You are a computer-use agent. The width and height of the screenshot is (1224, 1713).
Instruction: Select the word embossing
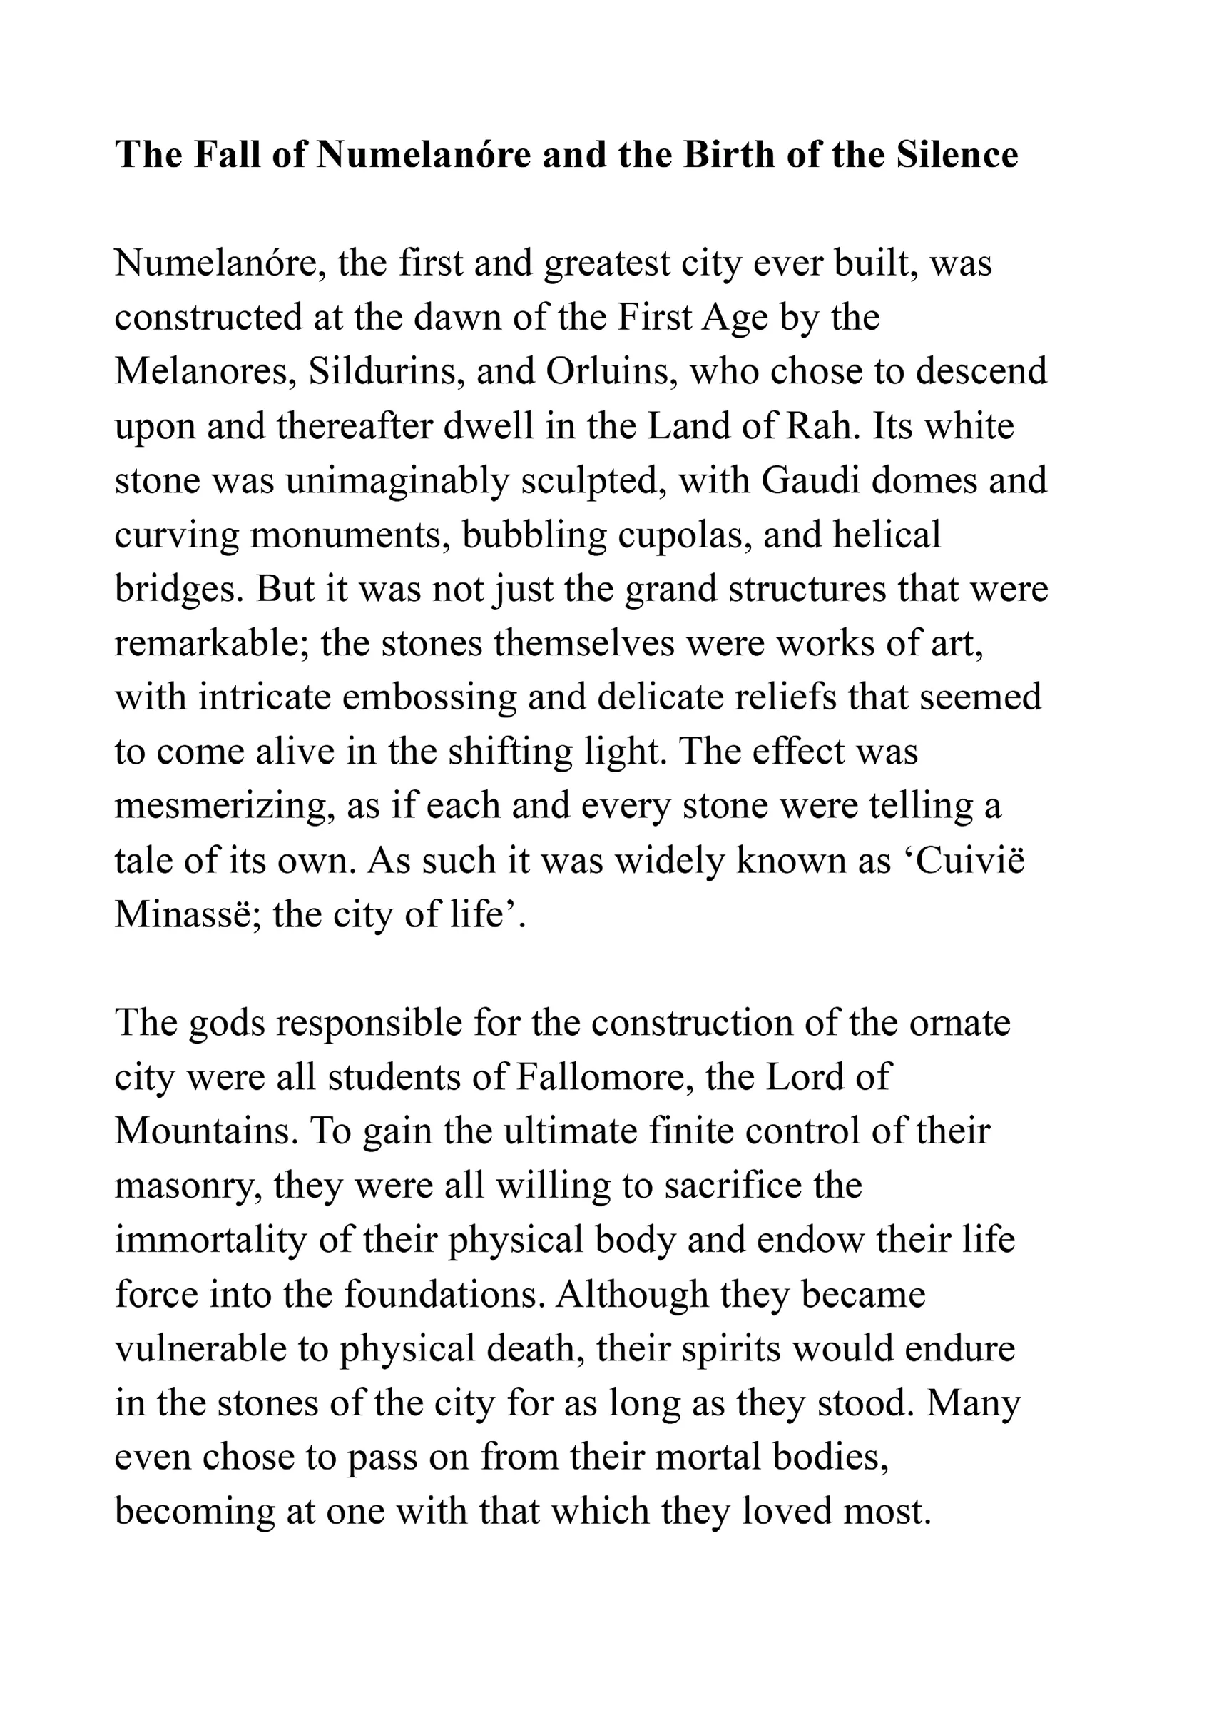tap(429, 697)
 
